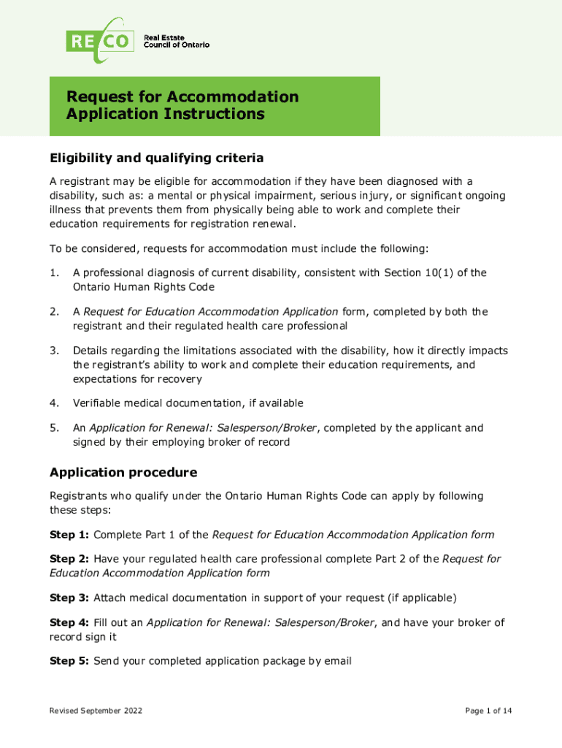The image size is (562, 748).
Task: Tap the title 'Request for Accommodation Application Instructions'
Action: [182, 106]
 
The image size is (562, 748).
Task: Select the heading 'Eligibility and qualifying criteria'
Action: [156, 158]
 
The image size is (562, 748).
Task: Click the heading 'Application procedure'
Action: [123, 472]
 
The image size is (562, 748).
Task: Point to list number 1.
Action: [53, 272]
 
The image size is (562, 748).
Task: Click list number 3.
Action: [53, 351]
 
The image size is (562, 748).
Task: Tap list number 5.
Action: [53, 428]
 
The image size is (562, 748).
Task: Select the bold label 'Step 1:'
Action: [69, 535]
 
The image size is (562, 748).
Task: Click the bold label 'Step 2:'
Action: [69, 559]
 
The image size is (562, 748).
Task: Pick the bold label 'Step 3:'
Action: [69, 598]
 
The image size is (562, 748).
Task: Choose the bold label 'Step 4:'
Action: [69, 622]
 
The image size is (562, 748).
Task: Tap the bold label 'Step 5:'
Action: [69, 661]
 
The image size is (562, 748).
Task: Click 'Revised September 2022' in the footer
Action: [96, 711]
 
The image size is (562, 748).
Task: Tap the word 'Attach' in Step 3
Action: [110, 598]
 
